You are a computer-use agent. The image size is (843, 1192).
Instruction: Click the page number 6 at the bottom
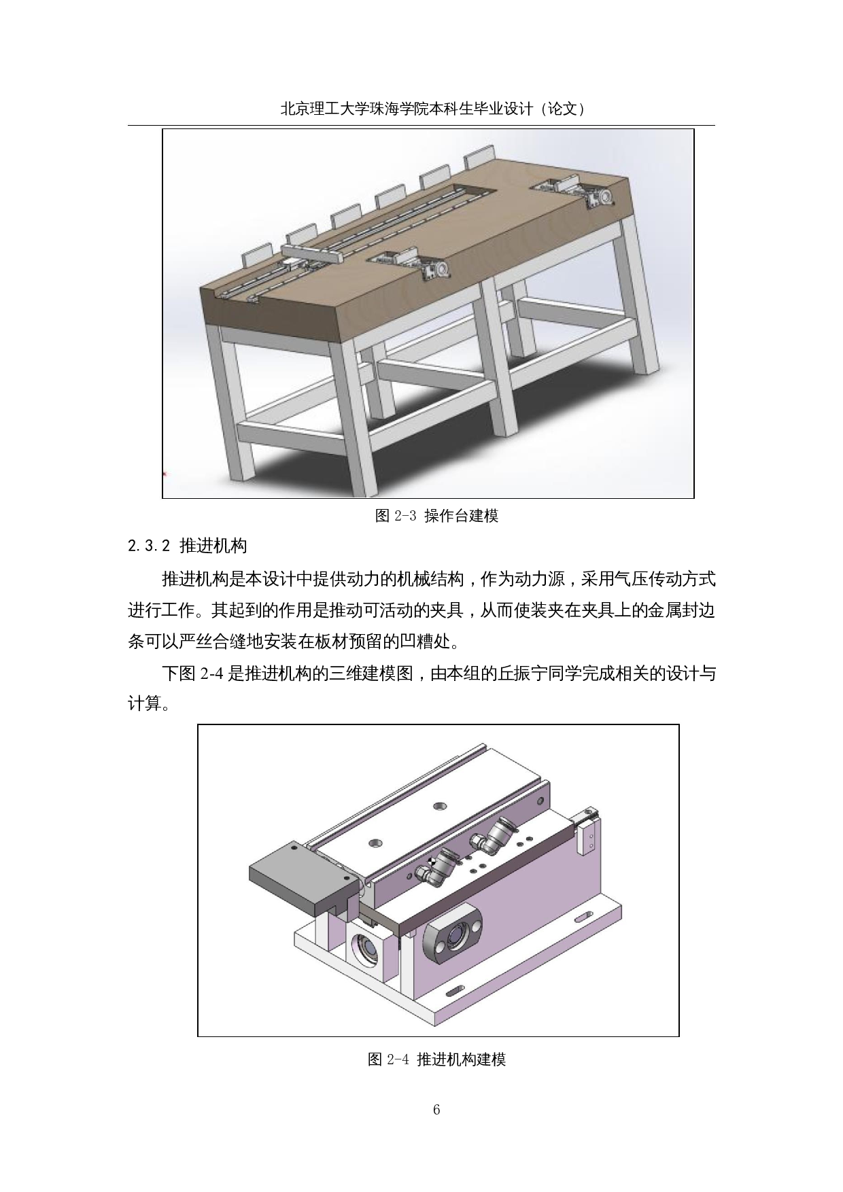[436, 1110]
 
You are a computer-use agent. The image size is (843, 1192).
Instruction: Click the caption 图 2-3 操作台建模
[436, 516]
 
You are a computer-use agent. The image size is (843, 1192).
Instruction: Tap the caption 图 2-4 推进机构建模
[436, 1059]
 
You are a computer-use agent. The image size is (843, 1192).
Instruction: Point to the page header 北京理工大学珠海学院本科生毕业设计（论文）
[434, 109]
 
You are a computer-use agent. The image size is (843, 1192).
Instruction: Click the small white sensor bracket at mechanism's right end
[587, 831]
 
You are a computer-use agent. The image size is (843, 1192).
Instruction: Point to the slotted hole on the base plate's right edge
[583, 918]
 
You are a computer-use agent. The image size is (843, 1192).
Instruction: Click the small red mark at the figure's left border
[165, 474]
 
